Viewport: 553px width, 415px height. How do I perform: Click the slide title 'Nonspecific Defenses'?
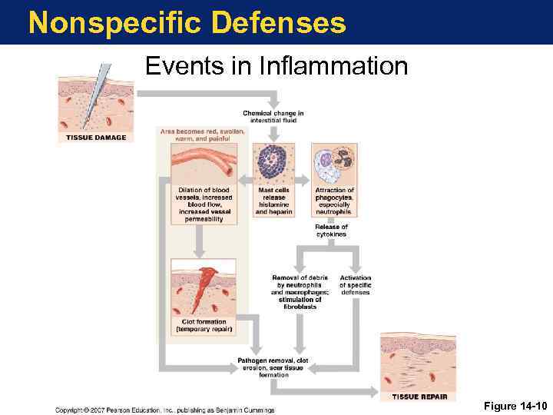point(187,22)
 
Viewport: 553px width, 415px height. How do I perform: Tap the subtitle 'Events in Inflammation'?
point(276,66)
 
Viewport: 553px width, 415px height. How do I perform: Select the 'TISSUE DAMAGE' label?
point(96,138)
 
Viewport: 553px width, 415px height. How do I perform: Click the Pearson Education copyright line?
point(164,410)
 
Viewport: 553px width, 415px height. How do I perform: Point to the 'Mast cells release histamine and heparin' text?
point(273,201)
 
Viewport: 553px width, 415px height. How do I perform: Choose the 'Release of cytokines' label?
point(332,231)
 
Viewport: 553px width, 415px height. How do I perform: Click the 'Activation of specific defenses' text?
point(355,285)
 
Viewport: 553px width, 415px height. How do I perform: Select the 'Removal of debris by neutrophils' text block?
point(300,289)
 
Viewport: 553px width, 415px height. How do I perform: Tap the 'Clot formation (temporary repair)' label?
point(204,326)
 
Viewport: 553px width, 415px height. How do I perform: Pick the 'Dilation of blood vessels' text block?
point(204,204)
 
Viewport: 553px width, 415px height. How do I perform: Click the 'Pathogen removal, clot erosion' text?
point(273,367)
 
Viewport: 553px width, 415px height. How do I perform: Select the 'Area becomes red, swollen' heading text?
point(203,135)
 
